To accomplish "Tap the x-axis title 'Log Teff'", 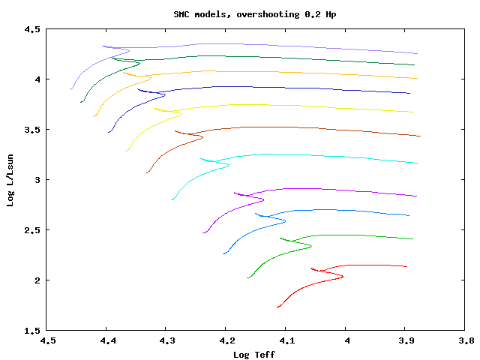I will [x=254, y=354].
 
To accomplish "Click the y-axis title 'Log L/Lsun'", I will [x=10, y=180].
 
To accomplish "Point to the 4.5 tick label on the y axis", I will [x=31, y=29].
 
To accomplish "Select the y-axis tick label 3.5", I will [x=31, y=130].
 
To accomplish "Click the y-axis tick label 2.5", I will [x=31, y=230].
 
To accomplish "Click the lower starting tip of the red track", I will [x=277, y=307].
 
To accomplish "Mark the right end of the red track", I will [x=406, y=266].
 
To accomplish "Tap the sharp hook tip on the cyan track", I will [x=229, y=166].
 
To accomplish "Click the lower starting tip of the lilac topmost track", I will [x=70, y=89].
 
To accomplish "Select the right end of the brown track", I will [x=421, y=136].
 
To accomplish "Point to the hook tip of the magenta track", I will [x=264, y=200].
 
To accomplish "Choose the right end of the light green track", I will [x=413, y=239].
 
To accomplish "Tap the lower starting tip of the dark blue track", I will [x=109, y=133].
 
